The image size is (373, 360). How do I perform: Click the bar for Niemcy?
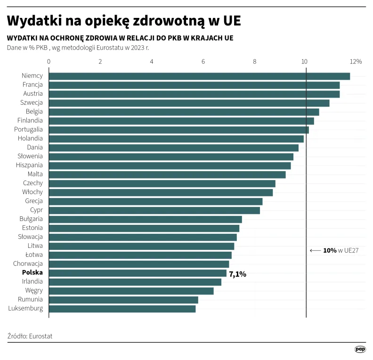point(199,76)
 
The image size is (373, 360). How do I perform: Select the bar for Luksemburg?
point(122,309)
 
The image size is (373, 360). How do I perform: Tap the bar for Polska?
point(138,273)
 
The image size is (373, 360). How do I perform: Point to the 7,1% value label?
point(237,274)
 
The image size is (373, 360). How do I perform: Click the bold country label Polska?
point(32,273)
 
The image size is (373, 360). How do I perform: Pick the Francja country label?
point(32,85)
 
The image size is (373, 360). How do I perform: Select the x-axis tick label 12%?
point(356,62)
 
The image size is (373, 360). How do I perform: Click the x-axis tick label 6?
point(203,62)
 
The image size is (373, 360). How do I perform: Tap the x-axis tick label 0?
point(49,62)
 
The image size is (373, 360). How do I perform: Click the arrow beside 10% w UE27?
point(315,251)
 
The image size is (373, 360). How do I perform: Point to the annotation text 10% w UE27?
point(341,251)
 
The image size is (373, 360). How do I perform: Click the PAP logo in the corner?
point(360,349)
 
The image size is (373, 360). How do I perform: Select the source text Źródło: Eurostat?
point(30,336)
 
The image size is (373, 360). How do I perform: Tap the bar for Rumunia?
point(123,300)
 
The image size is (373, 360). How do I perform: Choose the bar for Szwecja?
point(189,103)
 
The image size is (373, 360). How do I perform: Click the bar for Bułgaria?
point(145,219)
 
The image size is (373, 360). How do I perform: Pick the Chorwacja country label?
point(28,264)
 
